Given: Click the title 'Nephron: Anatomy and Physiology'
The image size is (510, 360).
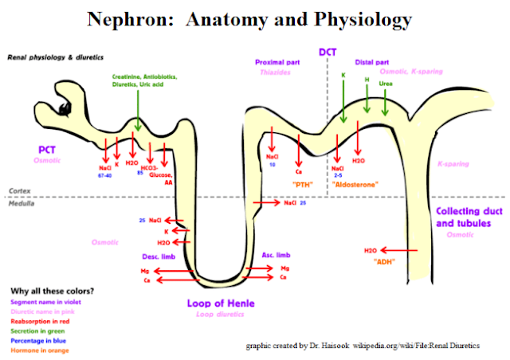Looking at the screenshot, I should coord(255,18).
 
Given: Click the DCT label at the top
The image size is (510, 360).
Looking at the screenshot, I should coord(328,53).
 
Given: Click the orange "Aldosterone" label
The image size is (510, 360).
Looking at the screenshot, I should coord(355,184).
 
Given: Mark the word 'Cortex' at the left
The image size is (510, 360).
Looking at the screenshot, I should coord(19,192).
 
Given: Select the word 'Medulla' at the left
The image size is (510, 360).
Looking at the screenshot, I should coord(21,203).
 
